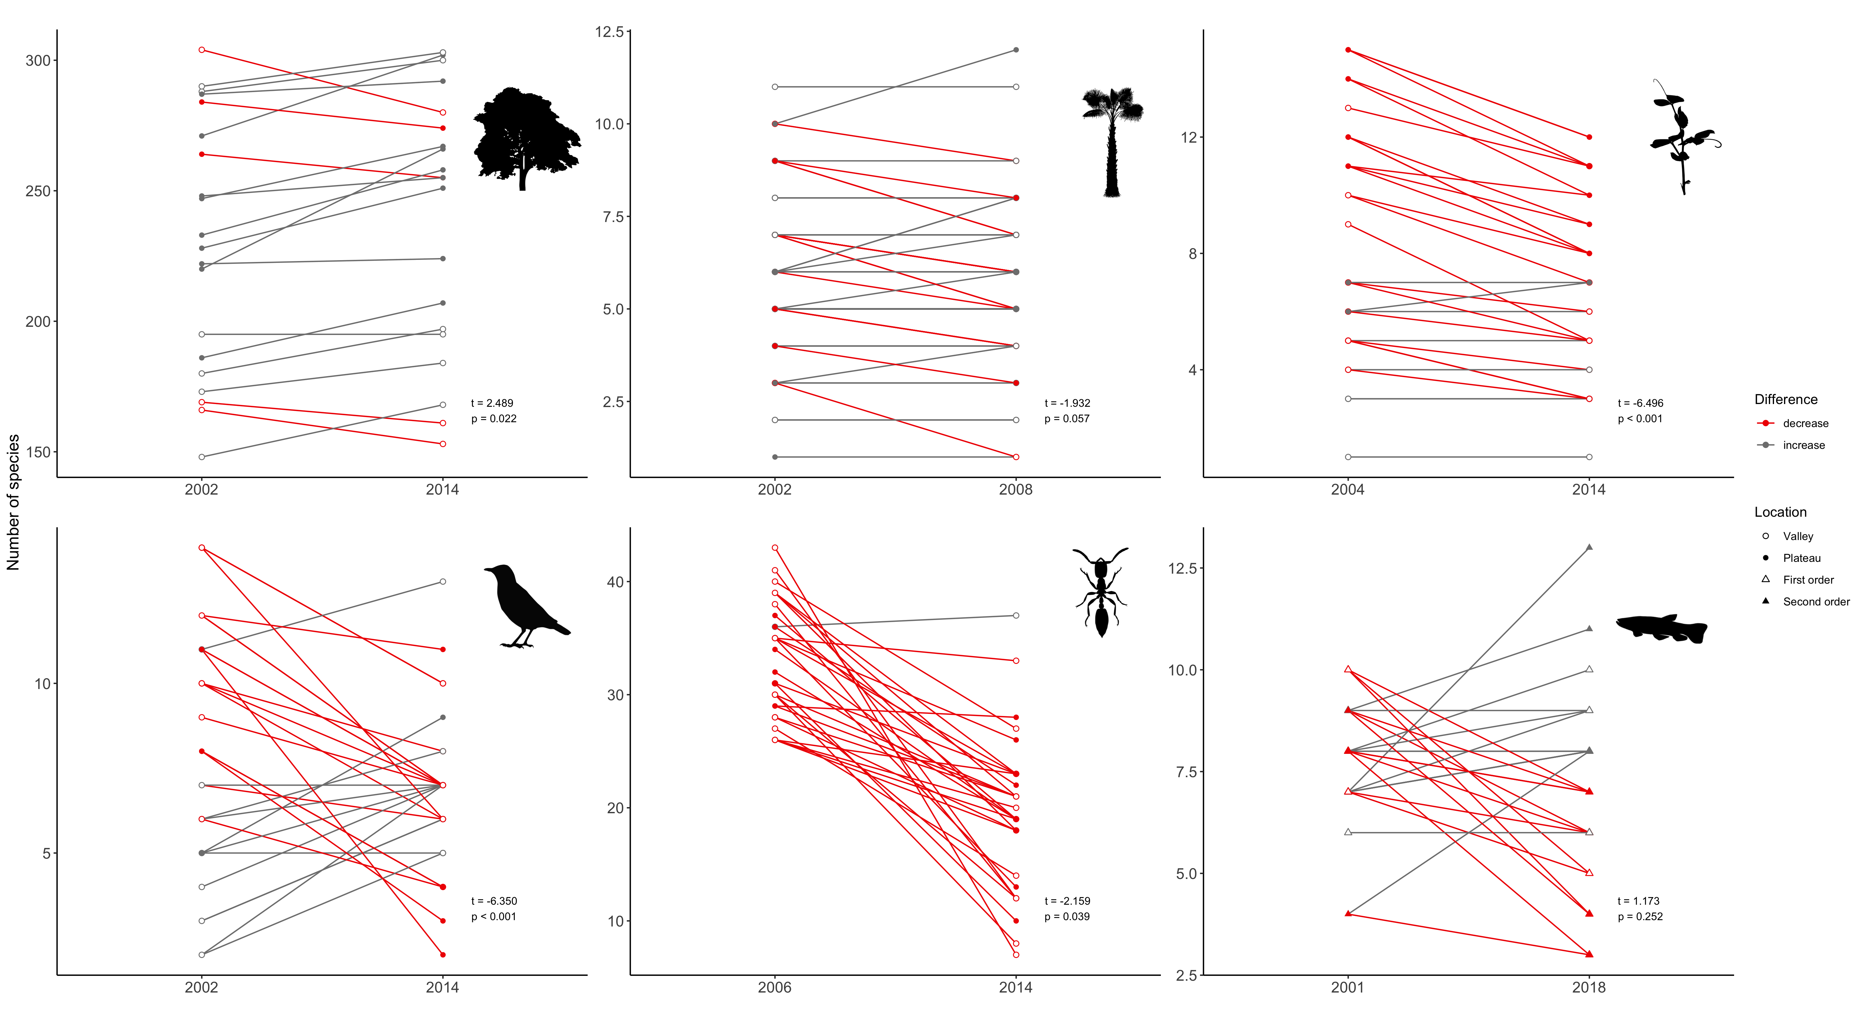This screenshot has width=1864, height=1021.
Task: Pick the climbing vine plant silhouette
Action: pos(1682,138)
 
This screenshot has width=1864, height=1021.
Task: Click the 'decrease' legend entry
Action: pos(1805,423)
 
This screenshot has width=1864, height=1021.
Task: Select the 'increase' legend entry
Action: pos(1803,445)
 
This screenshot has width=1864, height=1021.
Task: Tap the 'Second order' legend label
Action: pos(1816,601)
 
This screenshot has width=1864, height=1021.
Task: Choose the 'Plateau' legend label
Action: pos(1801,558)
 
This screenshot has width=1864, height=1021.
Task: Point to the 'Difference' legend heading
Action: pos(1785,399)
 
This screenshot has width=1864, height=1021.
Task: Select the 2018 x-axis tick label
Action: pos(1588,987)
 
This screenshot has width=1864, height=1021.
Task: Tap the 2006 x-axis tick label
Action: pos(774,987)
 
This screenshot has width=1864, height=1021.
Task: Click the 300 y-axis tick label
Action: pos(38,61)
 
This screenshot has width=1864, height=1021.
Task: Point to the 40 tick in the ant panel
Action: pos(615,582)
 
